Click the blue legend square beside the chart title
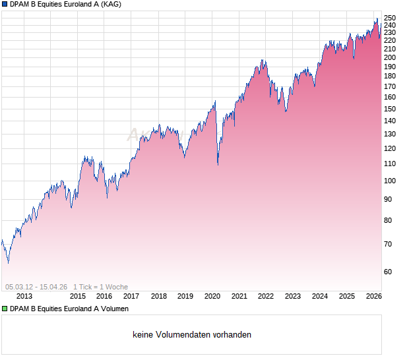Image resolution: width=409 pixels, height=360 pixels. tap(5, 4)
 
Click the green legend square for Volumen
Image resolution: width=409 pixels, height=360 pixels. tap(5, 309)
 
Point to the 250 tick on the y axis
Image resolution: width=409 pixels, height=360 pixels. tap(390, 18)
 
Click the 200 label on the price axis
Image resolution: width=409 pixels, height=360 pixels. tap(390, 57)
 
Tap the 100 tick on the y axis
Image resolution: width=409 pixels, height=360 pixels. tap(390, 181)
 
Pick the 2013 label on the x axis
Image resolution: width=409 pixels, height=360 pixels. tap(24, 296)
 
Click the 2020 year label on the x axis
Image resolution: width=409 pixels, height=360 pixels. tap(212, 296)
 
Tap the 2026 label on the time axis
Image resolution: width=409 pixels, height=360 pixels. tap(373, 296)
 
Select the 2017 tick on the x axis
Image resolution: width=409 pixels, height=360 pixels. tap(131, 296)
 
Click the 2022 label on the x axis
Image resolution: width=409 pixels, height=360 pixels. tap(265, 296)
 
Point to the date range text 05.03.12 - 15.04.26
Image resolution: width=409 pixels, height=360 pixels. tap(36, 287)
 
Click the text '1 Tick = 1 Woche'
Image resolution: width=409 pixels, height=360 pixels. tap(100, 287)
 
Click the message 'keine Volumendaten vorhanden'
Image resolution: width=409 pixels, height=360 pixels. tap(192, 335)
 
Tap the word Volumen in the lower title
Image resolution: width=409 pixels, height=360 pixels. tap(114, 309)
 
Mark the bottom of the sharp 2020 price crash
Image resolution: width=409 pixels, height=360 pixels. tap(218, 165)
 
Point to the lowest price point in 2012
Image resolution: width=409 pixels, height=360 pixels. tap(8, 262)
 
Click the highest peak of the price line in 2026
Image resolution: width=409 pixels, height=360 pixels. tap(377, 18)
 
